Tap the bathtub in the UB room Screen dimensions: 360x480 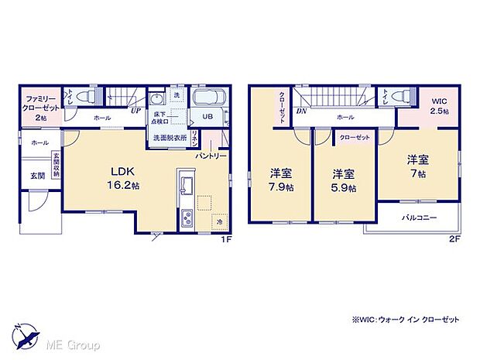tap(207, 98)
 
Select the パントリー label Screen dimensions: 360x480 tap(211, 156)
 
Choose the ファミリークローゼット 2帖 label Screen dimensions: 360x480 tap(39, 105)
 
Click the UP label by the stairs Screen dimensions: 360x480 tap(136, 111)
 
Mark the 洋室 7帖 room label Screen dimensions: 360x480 tap(419, 166)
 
